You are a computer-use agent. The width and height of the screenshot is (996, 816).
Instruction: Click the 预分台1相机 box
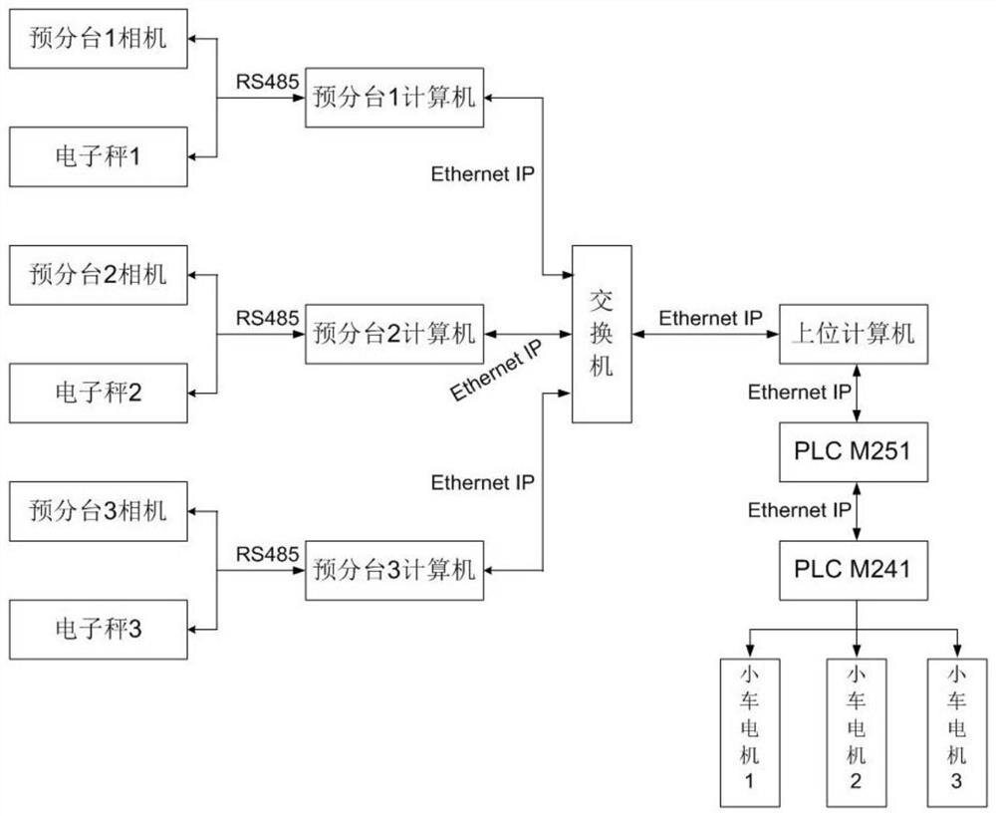[x=98, y=40]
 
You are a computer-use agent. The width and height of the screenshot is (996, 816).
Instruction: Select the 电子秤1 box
[x=98, y=156]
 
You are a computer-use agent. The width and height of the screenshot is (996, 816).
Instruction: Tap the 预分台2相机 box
[x=98, y=275]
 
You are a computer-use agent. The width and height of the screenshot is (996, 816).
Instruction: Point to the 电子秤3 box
[x=98, y=629]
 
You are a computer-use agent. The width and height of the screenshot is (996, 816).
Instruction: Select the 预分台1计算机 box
[x=395, y=98]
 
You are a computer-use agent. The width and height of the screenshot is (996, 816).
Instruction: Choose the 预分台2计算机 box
[x=395, y=334]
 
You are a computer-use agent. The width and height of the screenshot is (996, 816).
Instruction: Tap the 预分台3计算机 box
[x=395, y=570]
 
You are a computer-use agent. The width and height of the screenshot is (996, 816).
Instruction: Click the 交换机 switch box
[x=601, y=334]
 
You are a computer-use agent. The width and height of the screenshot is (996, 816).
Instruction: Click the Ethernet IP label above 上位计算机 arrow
[x=710, y=319]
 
